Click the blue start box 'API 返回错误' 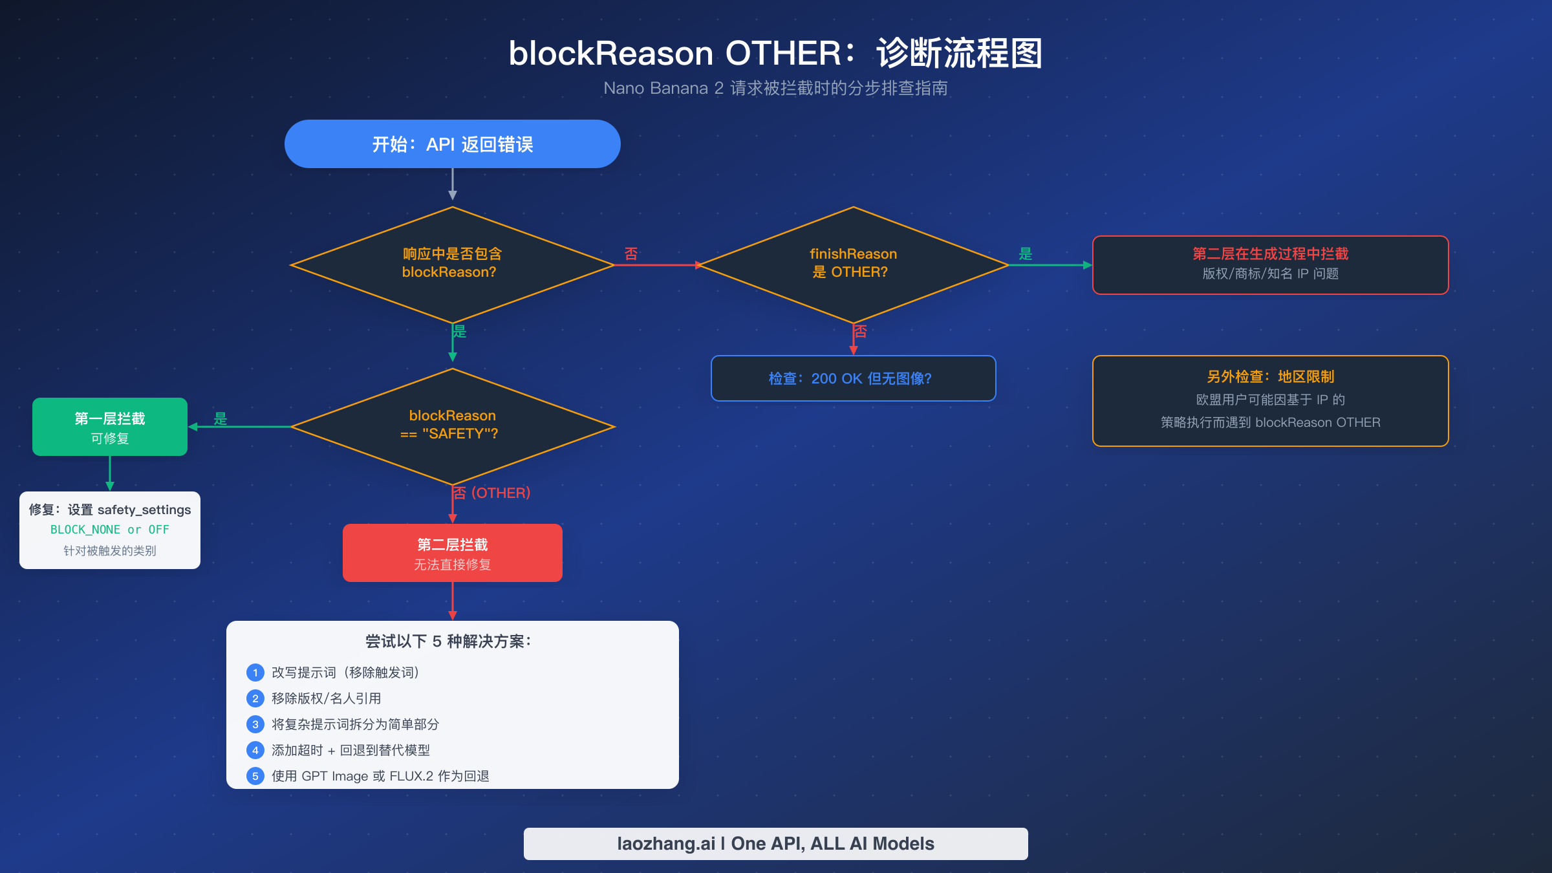pos(453,144)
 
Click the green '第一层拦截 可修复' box pos(110,427)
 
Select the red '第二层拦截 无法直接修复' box pos(453,553)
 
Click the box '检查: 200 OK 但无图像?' pos(853,378)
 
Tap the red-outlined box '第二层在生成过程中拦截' pos(1270,264)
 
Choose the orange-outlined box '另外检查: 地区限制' pos(1270,400)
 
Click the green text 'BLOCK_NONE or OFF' pos(110,530)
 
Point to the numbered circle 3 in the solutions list pos(255,724)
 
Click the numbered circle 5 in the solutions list pos(255,776)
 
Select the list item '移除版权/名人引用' pos(326,698)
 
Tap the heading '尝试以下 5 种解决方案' pos(447,641)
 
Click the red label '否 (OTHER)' pos(491,493)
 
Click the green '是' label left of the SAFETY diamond pos(221,418)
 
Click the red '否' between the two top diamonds pos(631,253)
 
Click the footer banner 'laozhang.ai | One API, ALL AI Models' pos(775,844)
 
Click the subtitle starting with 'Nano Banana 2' pos(775,88)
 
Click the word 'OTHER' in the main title pos(783,53)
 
